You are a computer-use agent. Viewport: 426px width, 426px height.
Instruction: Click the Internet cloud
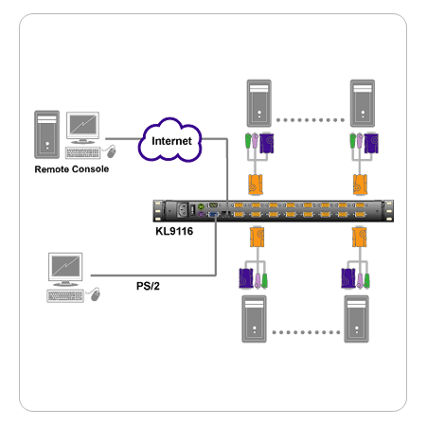pyautogui.click(x=169, y=140)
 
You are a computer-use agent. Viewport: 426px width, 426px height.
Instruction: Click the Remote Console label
pyautogui.click(x=72, y=169)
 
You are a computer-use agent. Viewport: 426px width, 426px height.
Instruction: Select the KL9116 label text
pyautogui.click(x=174, y=231)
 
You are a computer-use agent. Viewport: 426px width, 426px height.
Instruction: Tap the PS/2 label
pyautogui.click(x=148, y=286)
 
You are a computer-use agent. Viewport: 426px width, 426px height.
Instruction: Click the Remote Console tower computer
pyautogui.click(x=47, y=134)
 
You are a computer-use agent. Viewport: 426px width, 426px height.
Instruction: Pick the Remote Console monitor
pyautogui.click(x=83, y=128)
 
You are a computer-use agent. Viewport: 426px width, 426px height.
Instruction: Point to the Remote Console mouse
pyautogui.click(x=111, y=151)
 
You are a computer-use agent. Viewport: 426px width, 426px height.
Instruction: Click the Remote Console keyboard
pyautogui.click(x=82, y=153)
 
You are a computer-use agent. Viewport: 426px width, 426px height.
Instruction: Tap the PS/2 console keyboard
pyautogui.click(x=65, y=296)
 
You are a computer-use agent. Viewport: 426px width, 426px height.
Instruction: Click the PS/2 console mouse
pyautogui.click(x=95, y=294)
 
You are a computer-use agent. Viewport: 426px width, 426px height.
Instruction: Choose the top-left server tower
pyautogui.click(x=259, y=103)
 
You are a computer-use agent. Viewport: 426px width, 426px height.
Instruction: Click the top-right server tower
pyautogui.click(x=363, y=103)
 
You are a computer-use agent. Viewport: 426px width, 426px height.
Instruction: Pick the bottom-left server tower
pyautogui.click(x=254, y=319)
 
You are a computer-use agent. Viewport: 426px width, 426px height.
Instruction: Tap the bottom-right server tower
pyautogui.click(x=357, y=319)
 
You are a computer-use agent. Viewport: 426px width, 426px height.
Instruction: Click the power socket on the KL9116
pyautogui.click(x=183, y=210)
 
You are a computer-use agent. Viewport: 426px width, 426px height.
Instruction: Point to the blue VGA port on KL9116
pyautogui.click(x=213, y=215)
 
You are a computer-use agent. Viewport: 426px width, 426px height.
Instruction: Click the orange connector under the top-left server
pyautogui.click(x=256, y=185)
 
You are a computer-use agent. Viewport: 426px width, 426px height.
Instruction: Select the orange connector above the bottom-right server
pyautogui.click(x=360, y=237)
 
